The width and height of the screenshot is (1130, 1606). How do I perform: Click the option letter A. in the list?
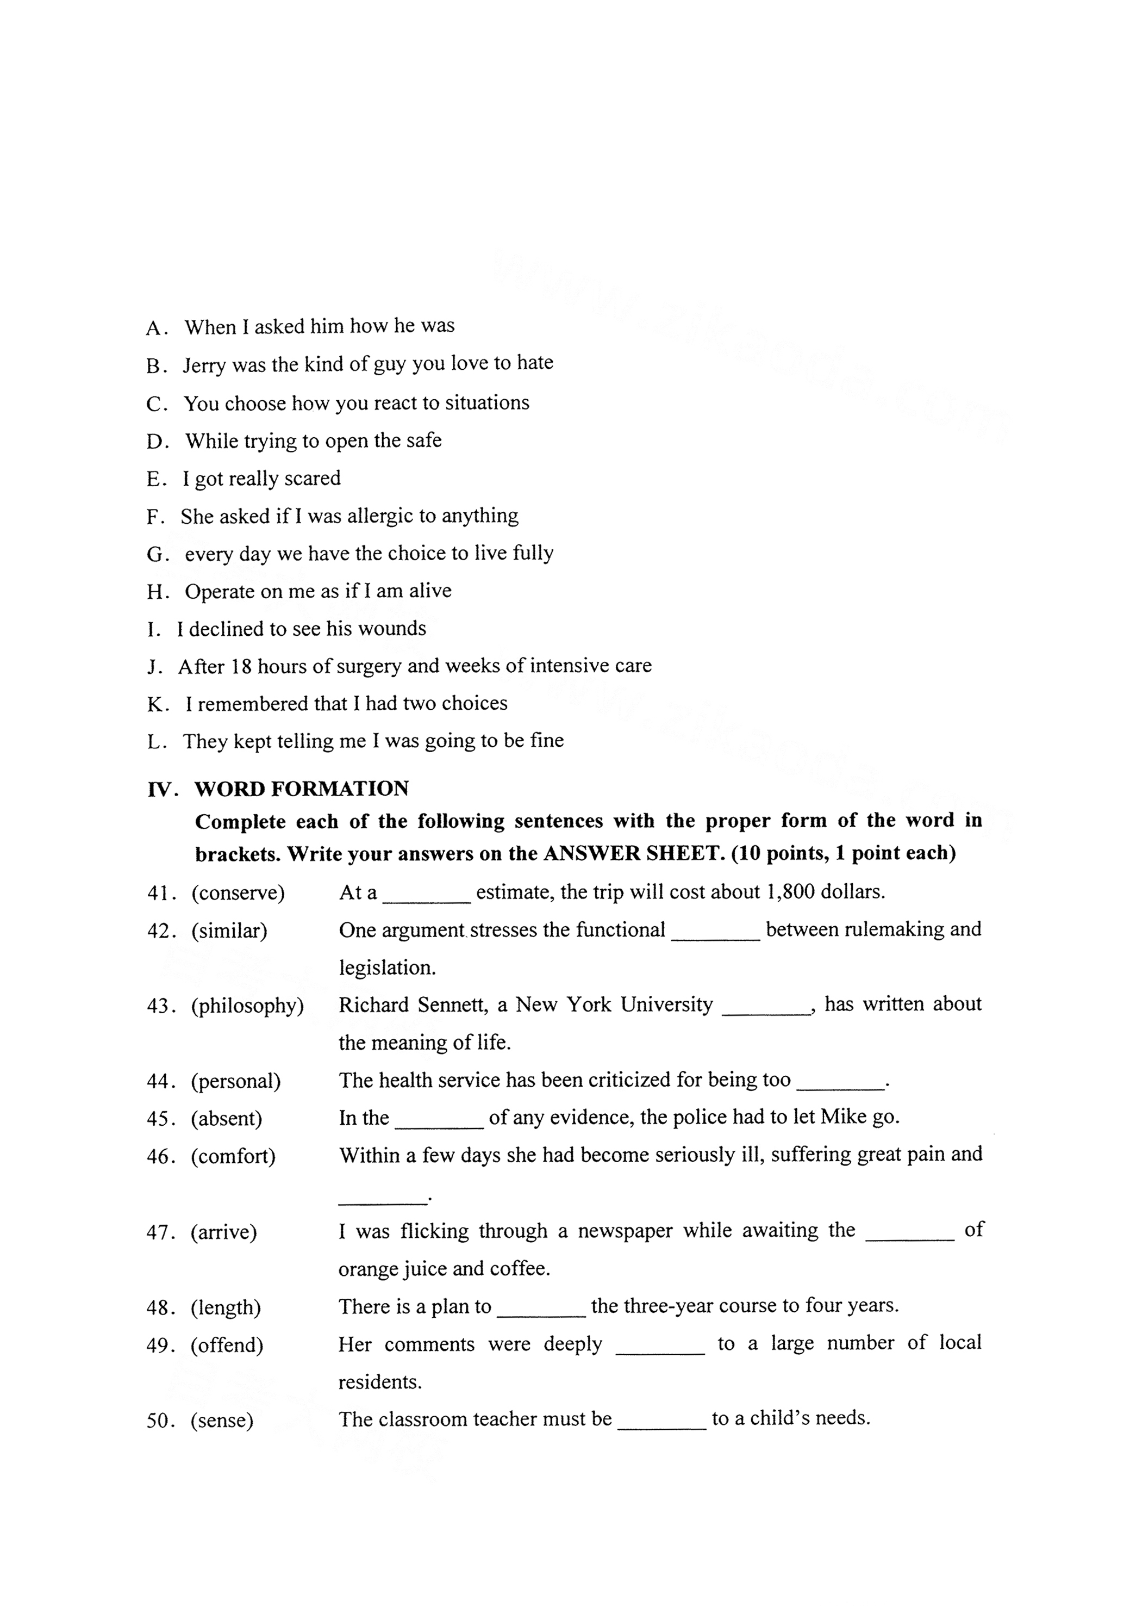coord(155,328)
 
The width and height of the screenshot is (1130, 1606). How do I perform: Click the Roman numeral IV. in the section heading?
coord(163,789)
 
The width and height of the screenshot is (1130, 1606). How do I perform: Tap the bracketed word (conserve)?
coord(238,893)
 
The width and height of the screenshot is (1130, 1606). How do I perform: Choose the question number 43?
coord(159,1007)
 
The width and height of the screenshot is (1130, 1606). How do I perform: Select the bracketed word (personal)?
coord(236,1081)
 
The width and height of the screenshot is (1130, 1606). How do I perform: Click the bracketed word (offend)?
coord(227,1345)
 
